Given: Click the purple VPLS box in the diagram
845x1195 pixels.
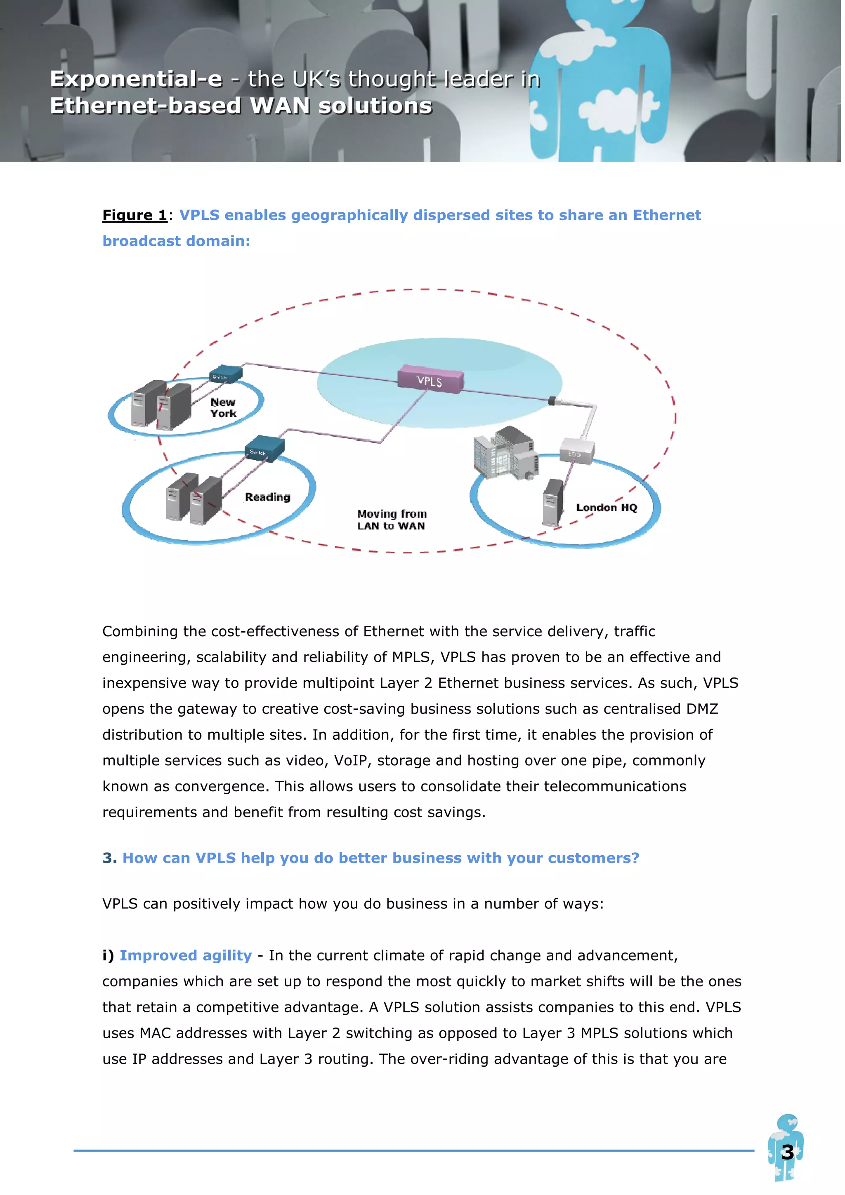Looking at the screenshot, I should pyautogui.click(x=430, y=379).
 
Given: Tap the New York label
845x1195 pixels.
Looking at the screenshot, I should pyautogui.click(x=223, y=407).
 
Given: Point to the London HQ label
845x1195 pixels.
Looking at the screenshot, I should pyautogui.click(x=606, y=508).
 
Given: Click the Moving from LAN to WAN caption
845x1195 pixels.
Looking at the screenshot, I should pyautogui.click(x=392, y=520).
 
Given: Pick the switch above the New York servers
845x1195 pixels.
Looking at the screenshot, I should pyautogui.click(x=226, y=374).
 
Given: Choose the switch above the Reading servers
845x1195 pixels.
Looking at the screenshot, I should pyautogui.click(x=264, y=447).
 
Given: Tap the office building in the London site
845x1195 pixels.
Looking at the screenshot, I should pyautogui.click(x=505, y=452).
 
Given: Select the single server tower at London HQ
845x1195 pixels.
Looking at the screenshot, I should pyautogui.click(x=552, y=502).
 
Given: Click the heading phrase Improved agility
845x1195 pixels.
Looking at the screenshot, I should pyautogui.click(x=185, y=955).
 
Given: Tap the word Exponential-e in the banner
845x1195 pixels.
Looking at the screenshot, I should pyautogui.click(x=136, y=79).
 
